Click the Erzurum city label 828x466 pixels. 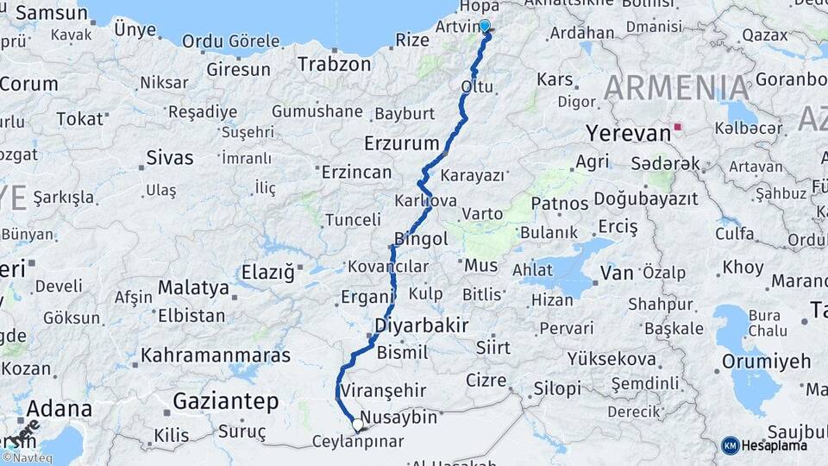[x=402, y=142]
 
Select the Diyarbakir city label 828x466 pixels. [x=422, y=325]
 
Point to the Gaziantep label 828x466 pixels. [x=225, y=401]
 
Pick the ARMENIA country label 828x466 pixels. [x=676, y=88]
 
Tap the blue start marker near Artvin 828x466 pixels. [x=485, y=27]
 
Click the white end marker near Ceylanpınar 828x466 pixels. [x=357, y=424]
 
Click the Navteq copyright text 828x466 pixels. [x=27, y=458]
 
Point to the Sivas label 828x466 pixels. [x=170, y=158]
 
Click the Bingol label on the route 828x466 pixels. [x=421, y=239]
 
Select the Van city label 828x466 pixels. [x=617, y=273]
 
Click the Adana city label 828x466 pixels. [x=59, y=408]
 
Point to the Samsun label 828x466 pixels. [x=52, y=13]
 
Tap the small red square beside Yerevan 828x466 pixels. [x=678, y=128]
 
